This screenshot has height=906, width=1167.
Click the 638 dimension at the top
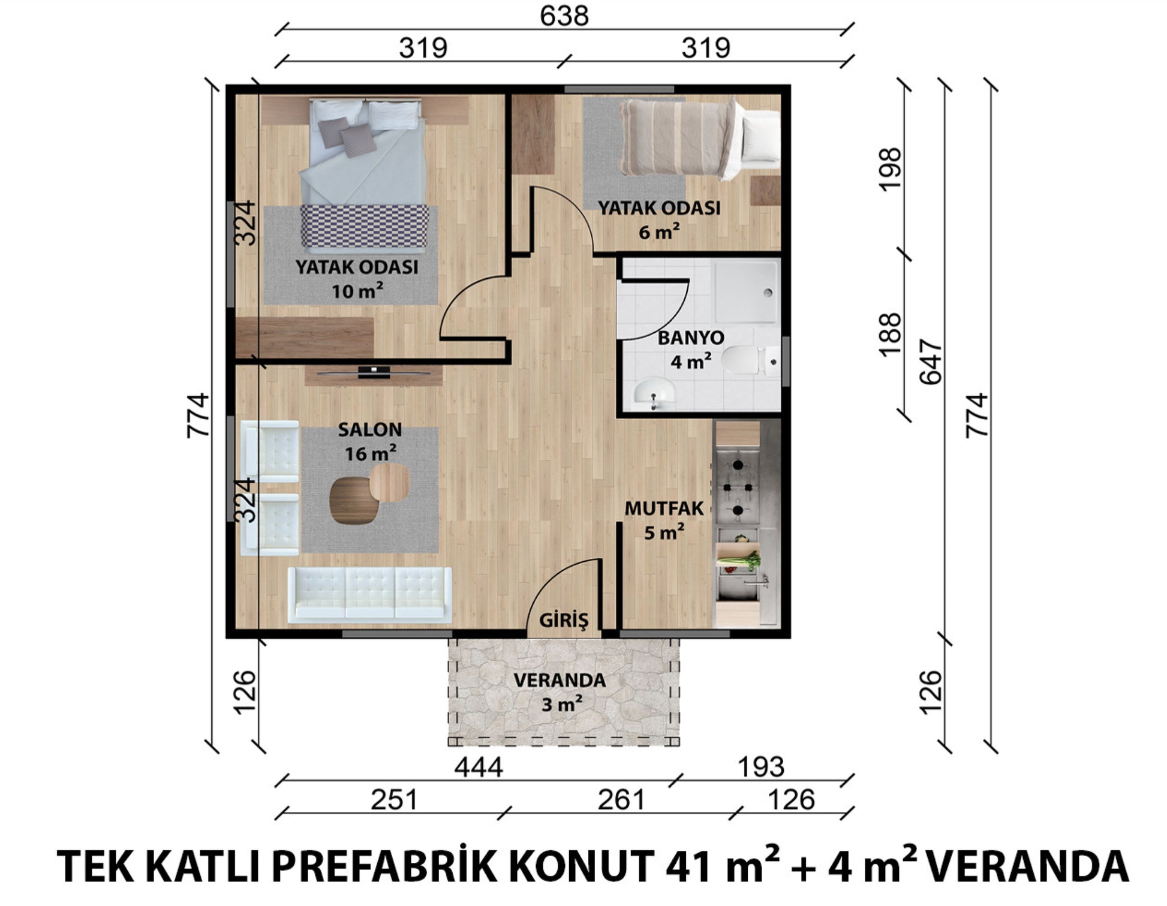pos(564,16)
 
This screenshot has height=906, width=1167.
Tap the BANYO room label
pos(691,338)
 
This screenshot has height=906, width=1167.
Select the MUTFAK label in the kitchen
pos(664,508)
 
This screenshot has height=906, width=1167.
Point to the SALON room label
pos(370,429)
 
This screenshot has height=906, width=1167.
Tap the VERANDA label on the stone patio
pos(560,681)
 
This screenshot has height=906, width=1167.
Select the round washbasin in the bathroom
pos(654,393)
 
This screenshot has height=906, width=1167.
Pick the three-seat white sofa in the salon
pos(369,595)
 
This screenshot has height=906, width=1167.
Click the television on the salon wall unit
pos(374,372)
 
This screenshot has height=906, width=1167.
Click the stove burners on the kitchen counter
pos(737,487)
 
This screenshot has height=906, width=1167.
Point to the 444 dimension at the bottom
pos(478,767)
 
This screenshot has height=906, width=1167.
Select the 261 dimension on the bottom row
pos(621,800)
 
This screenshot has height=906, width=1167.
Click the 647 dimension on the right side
pos(931,362)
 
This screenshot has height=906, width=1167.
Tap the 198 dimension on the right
pos(890,169)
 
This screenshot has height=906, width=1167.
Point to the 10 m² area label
pos(357,291)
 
